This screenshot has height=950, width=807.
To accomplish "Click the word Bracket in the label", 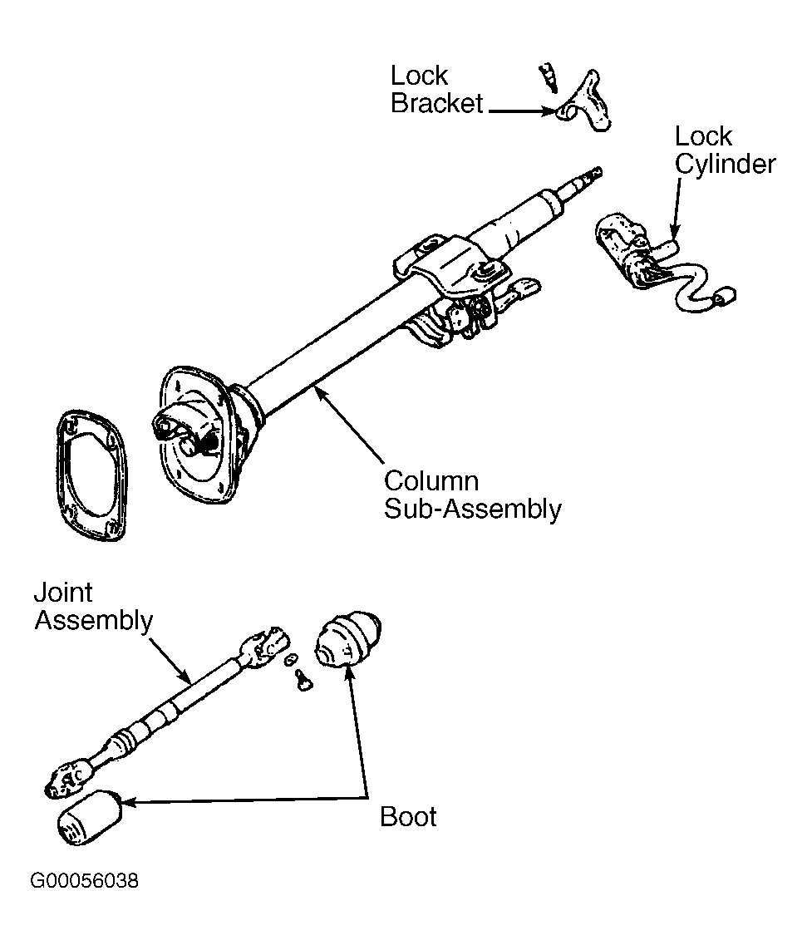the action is pos(436,103).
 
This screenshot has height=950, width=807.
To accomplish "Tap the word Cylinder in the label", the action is pos(726,165).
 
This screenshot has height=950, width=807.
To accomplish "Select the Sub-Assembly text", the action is pos(473,509).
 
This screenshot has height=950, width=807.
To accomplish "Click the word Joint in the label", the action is pos(63,593).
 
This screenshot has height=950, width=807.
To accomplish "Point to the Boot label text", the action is pos(408,817).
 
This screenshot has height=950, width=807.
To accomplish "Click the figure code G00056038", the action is pos(84,880).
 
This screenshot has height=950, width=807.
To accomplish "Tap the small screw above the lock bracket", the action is pos(549,77).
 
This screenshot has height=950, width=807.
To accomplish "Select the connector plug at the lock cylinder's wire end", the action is pos(726,298).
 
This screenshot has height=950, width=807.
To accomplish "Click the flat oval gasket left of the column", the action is pos(91,475).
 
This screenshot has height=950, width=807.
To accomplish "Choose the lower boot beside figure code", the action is pos(88,817).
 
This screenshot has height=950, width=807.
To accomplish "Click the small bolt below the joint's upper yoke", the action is pos(302,679).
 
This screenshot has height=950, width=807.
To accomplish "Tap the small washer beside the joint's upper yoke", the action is pos(291,658).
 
